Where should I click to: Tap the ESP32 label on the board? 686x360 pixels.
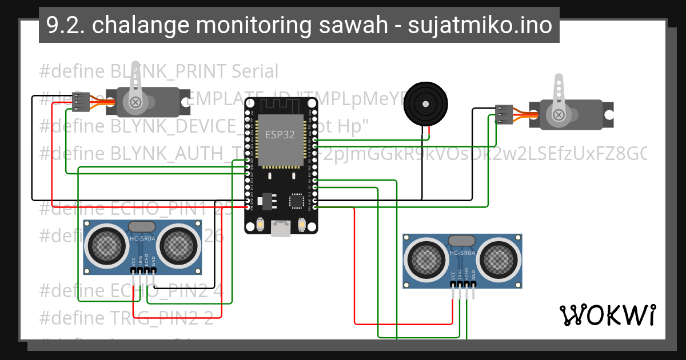pos(280,135)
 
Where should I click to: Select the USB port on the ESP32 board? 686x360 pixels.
pos(281,229)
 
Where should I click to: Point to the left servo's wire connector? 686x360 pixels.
pos(81,101)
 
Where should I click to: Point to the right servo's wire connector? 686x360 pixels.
pos(504,114)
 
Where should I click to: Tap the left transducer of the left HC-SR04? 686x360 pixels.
pos(105,246)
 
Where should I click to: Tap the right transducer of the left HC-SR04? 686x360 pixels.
pos(179,246)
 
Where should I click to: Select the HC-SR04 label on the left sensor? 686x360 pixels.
pos(142,238)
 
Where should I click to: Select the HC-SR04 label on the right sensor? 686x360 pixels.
pos(462,253)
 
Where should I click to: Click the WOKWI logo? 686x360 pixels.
pos(607,315)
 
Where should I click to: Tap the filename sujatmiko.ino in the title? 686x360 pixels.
pos(480,26)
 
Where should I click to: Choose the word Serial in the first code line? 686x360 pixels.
pos(255,71)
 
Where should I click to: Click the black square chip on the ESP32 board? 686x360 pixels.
pos(297,201)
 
